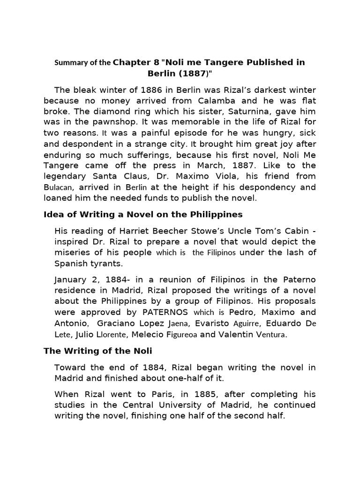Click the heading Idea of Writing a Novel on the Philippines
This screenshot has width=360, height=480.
click(143, 214)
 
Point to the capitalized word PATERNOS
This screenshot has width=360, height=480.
click(165, 312)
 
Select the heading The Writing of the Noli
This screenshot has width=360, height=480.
click(98, 351)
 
